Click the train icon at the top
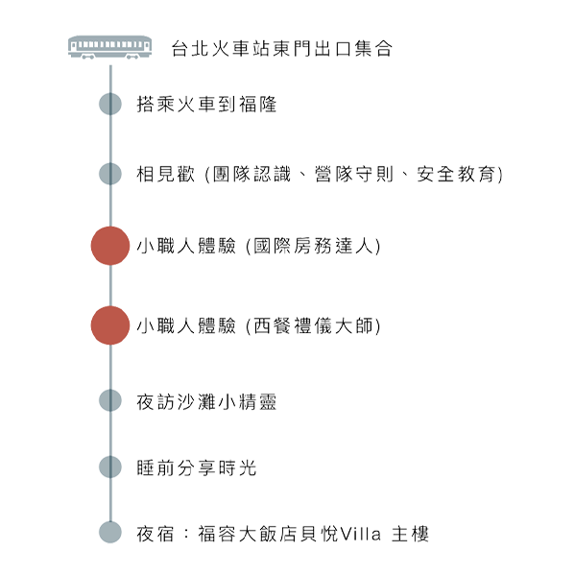click(x=109, y=47)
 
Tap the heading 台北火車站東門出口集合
click(x=282, y=48)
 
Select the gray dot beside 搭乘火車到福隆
click(x=110, y=104)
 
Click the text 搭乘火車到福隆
click(x=206, y=104)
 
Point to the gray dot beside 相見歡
click(x=110, y=174)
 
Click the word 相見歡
click(x=165, y=174)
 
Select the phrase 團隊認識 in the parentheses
click(x=252, y=174)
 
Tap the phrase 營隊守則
click(x=354, y=174)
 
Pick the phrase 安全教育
click(x=456, y=174)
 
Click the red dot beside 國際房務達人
click(x=110, y=246)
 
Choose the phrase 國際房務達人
click(x=313, y=246)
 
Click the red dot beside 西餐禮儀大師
click(x=110, y=325)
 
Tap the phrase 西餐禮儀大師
click(x=313, y=325)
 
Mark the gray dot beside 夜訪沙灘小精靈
click(x=110, y=400)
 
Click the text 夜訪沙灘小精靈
click(x=206, y=401)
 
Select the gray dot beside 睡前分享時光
click(x=110, y=467)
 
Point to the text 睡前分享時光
click(x=196, y=467)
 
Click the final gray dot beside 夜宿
click(x=110, y=532)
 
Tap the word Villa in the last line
click(x=361, y=534)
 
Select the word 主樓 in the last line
click(x=410, y=534)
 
